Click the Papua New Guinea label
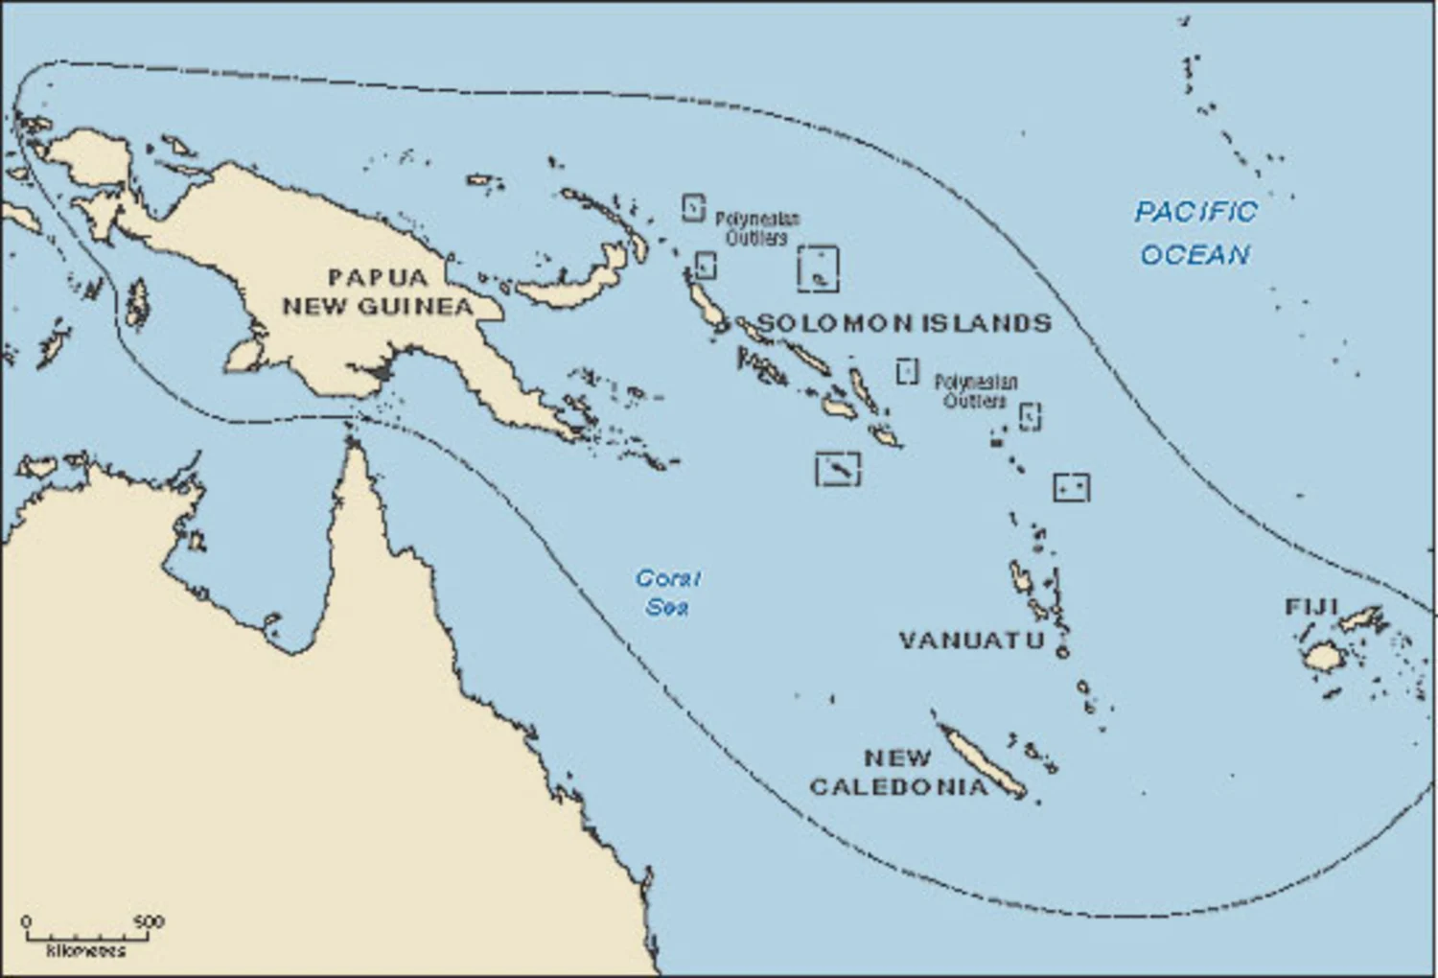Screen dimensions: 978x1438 (377, 291)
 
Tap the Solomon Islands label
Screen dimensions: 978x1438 (904, 323)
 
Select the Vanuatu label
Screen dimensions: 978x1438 (971, 640)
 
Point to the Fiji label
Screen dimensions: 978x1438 (1310, 607)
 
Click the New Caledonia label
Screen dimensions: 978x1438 (898, 772)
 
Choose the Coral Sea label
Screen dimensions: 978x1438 (667, 592)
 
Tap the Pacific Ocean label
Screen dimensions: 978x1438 (1195, 233)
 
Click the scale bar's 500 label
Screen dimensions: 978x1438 (149, 921)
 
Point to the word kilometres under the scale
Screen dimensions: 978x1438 (85, 951)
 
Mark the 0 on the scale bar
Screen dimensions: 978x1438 (26, 921)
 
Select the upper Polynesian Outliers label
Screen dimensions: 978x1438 (757, 228)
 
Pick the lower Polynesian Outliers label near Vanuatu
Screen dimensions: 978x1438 (976, 391)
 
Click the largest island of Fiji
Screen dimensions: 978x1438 (1323, 657)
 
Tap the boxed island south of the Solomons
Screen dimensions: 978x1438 (838, 469)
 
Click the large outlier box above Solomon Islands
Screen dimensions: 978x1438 (818, 268)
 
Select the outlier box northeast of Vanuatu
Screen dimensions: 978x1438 (1071, 487)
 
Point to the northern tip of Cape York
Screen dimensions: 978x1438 (353, 441)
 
